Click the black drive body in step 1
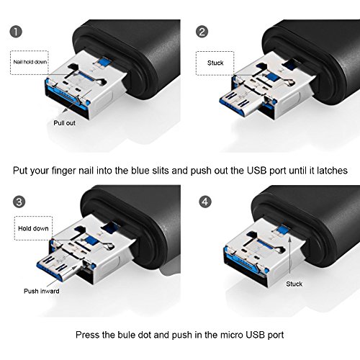pos(137,43)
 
